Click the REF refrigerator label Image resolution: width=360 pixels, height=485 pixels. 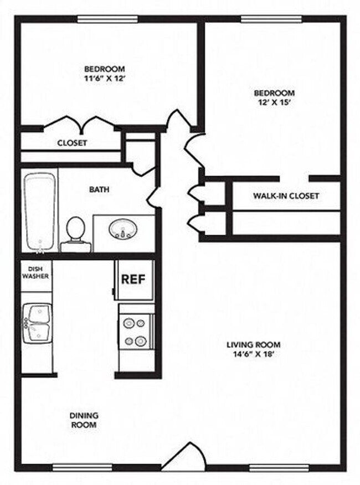click(133, 279)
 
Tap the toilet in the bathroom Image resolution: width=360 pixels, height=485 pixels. click(75, 233)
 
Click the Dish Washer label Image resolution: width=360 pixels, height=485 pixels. click(36, 272)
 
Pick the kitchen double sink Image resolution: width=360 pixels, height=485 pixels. click(37, 323)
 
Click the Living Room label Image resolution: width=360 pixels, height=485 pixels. click(254, 345)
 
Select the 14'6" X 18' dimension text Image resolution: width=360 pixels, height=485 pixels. click(254, 355)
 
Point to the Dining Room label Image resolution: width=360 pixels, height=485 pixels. click(84, 420)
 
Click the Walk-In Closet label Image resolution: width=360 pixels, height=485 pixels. click(286, 196)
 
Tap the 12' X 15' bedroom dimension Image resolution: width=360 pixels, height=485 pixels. click(274, 102)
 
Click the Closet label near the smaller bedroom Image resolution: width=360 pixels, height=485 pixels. click(72, 143)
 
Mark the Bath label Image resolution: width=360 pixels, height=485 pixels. click(99, 189)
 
